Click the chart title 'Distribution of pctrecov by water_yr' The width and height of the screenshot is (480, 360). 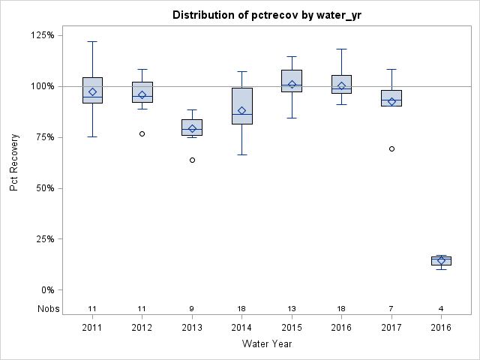tap(266, 15)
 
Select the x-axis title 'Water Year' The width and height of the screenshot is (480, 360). tap(266, 343)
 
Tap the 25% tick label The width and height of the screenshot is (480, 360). tap(43, 239)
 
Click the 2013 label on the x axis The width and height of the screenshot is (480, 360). tap(192, 327)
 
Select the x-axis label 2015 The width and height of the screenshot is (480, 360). tap(292, 327)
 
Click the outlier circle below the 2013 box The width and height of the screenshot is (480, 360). tap(192, 160)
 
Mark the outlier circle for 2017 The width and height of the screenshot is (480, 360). tap(391, 148)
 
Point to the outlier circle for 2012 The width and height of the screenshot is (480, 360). tap(142, 133)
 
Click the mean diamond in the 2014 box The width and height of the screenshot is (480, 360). tap(241, 110)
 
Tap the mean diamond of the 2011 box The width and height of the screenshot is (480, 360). tap(92, 92)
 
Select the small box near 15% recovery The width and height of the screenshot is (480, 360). tap(441, 260)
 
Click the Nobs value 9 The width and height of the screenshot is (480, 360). tap(192, 308)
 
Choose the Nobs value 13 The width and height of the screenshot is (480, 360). tap(292, 308)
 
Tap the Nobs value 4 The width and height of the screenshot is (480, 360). tap(441, 308)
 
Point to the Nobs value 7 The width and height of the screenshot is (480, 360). tap(391, 308)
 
